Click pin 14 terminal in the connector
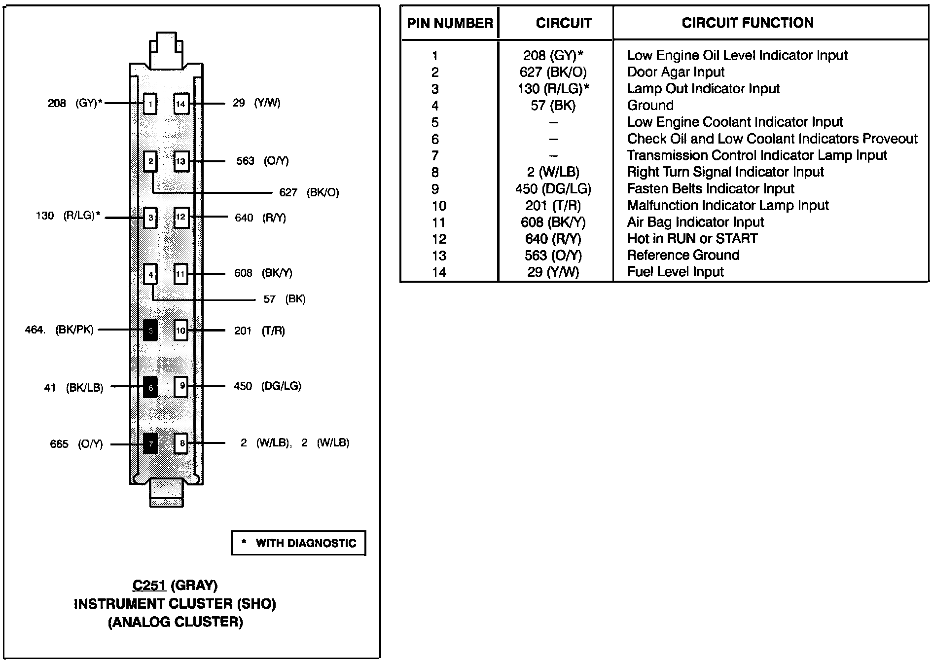181,104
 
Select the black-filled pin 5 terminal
150,330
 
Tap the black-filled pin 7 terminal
150,443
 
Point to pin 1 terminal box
150,104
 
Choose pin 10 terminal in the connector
181,330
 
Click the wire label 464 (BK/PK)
59,330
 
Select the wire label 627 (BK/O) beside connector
309,192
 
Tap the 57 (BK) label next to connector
285,299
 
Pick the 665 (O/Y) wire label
76,444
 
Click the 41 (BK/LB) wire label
74,388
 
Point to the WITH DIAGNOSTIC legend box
298,543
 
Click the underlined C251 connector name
149,586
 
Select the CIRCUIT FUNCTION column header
748,23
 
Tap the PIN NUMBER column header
450,23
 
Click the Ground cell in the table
650,106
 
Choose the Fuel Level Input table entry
675,272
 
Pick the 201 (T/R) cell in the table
553,206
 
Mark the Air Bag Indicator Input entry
695,222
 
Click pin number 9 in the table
435,189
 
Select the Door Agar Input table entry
676,72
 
